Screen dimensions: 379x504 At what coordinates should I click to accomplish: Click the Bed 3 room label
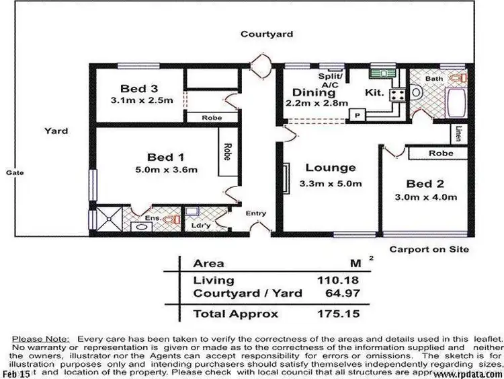click(x=140, y=88)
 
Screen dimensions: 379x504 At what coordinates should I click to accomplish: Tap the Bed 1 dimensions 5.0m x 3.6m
click(x=165, y=170)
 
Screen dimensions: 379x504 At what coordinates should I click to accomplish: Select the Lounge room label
click(x=330, y=168)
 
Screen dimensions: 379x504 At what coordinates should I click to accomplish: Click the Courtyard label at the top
click(x=267, y=34)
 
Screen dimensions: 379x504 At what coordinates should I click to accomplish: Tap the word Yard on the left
click(x=56, y=131)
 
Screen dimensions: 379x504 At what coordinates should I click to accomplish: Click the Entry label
click(x=256, y=213)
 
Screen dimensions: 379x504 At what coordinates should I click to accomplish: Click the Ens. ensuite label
click(x=154, y=219)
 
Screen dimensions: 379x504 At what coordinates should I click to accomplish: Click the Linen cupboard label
click(x=458, y=133)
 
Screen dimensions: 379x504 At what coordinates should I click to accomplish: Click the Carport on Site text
click(x=429, y=248)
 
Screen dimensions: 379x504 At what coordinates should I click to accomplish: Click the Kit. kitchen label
click(x=375, y=92)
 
